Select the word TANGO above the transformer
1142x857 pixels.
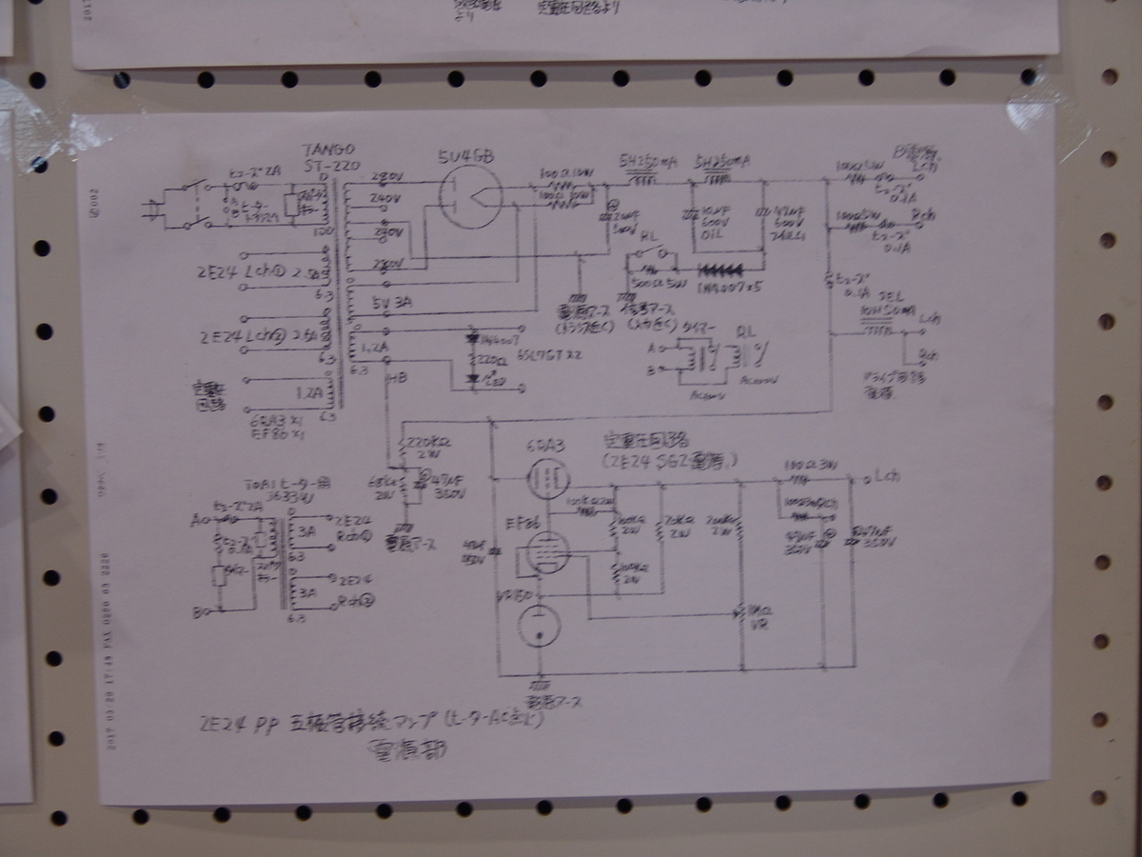(x=327, y=150)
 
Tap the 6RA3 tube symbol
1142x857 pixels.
(x=546, y=477)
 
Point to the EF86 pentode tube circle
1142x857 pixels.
(x=546, y=550)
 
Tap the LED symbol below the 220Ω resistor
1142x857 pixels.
(x=471, y=378)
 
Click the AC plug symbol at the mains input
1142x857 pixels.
(x=152, y=212)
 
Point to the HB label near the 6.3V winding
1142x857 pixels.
(x=398, y=378)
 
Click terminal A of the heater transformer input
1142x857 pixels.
(x=196, y=521)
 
